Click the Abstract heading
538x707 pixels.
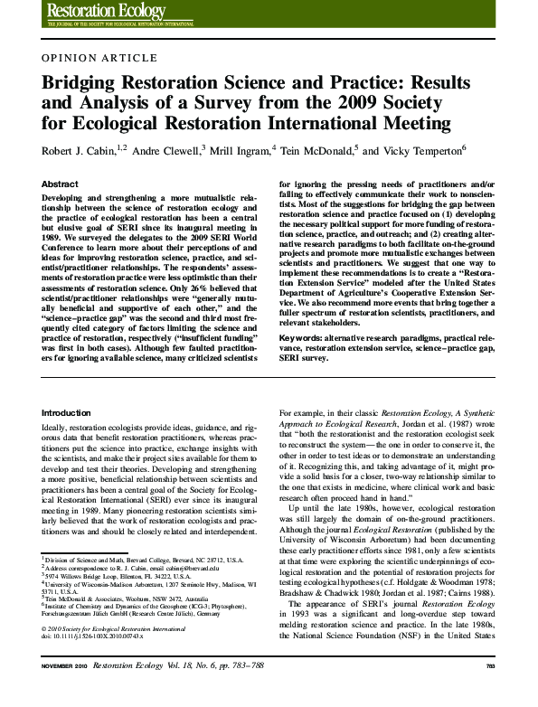point(60,184)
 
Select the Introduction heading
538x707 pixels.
point(67,412)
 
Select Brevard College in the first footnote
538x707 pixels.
point(142,560)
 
